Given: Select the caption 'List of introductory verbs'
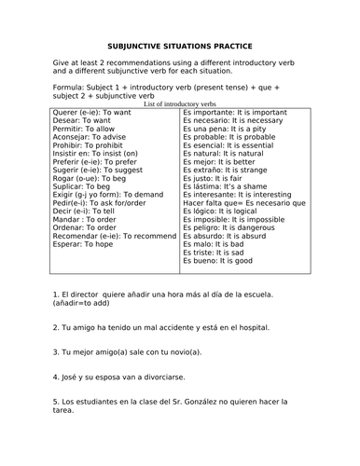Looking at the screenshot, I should pyautogui.click(x=180, y=104).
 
